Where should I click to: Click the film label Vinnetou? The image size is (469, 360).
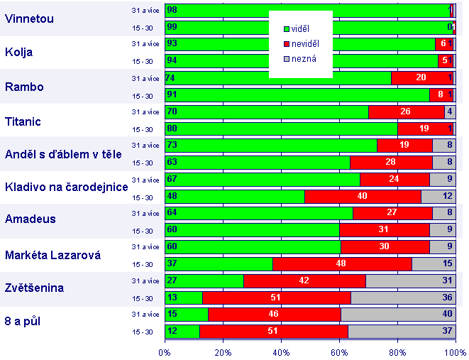pos(29,18)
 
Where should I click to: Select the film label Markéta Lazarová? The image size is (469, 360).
pos(53,255)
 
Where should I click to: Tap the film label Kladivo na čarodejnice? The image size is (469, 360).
pos(66,187)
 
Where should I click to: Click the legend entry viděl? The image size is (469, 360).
pos(300,28)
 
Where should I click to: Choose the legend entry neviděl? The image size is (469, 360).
pos(304,44)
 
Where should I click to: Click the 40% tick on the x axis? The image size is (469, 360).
pos(281,352)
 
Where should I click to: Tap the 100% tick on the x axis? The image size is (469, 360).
pos(454,352)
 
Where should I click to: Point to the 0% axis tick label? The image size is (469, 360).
pos(165,352)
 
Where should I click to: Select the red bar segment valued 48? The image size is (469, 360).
pos(342,264)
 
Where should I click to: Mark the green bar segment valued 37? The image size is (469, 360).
pos(219,264)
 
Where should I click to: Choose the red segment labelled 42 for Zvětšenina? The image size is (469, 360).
pos(304,280)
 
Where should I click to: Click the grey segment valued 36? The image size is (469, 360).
pos(403,298)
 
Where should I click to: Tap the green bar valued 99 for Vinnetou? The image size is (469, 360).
pos(309,27)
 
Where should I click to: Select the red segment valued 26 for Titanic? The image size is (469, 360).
pos(406,111)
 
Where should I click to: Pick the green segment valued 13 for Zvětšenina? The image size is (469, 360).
pos(184,298)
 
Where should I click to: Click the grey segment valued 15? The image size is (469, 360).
pos(433,264)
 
